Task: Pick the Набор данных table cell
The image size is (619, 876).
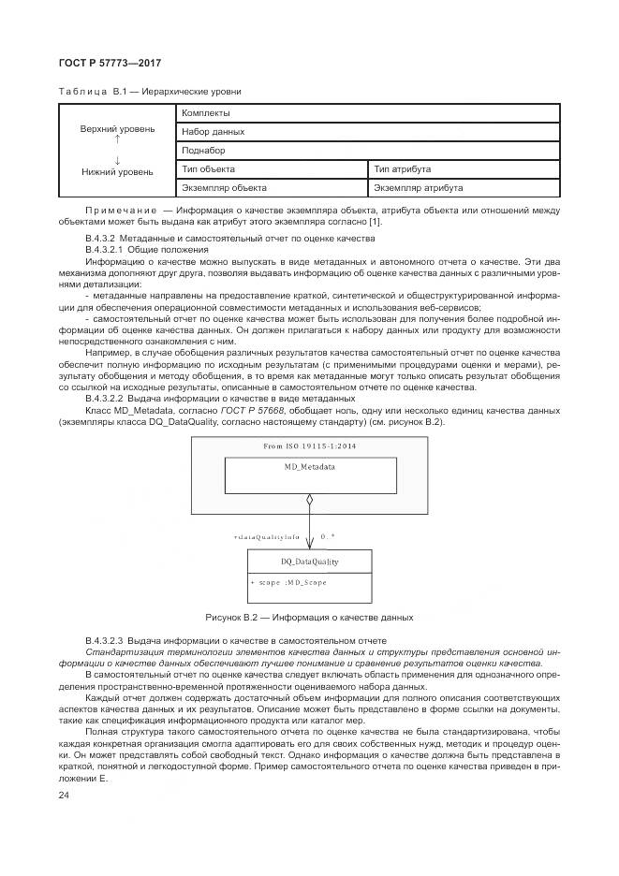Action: (213, 132)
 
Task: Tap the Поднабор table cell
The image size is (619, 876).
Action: (203, 151)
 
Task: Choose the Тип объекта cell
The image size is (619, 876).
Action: (209, 169)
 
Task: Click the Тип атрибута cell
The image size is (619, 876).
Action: (403, 169)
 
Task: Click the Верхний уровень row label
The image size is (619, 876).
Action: (118, 128)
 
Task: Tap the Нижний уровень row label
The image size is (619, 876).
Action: (118, 172)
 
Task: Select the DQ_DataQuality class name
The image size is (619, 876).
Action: (309, 562)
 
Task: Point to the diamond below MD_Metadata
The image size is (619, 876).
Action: (310, 503)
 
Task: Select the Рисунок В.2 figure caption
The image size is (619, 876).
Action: (309, 618)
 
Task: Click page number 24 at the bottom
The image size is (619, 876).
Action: (65, 796)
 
